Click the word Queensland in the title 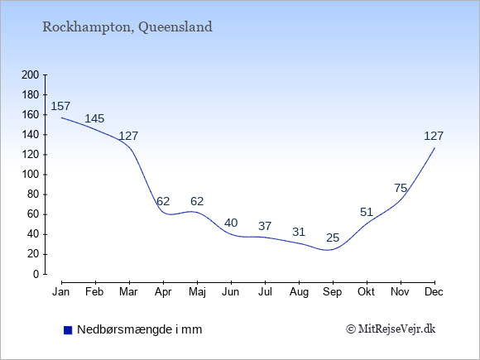coord(175,27)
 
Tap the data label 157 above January coord(60,106)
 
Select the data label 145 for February coord(94,118)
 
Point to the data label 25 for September coord(333,238)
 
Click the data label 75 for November coord(401,188)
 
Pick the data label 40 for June coord(231,223)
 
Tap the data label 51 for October coord(367,212)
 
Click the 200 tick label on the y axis coord(31,74)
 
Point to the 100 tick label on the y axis coord(31,175)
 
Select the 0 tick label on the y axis coord(36,274)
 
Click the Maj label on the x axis coord(197,292)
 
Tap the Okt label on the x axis coord(366,292)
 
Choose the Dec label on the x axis coord(434,292)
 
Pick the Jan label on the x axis coord(61,292)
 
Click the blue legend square coord(68,330)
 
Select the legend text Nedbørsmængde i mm coord(140,329)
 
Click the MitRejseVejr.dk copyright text coord(391,329)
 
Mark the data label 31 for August coord(299,232)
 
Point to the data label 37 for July coord(265,226)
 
